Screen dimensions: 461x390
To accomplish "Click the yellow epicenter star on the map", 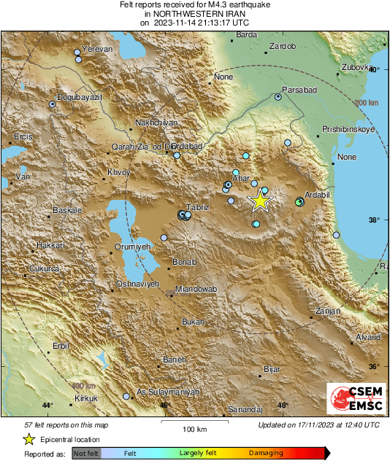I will coord(259,201).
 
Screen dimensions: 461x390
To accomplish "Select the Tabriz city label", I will coord(198,207).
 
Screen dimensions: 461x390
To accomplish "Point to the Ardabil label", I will coord(318,195).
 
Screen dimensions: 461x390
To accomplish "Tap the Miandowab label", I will coord(196,290).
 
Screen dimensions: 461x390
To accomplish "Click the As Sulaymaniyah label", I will coord(169,392).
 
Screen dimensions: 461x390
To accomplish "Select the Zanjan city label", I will coord(328,311).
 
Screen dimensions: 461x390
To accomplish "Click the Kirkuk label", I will coord(86,398).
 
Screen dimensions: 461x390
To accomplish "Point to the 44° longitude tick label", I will coord(47,405).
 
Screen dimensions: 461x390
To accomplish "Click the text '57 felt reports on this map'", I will coord(66,425).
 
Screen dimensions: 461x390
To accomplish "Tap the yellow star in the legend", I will coord(28,439).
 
